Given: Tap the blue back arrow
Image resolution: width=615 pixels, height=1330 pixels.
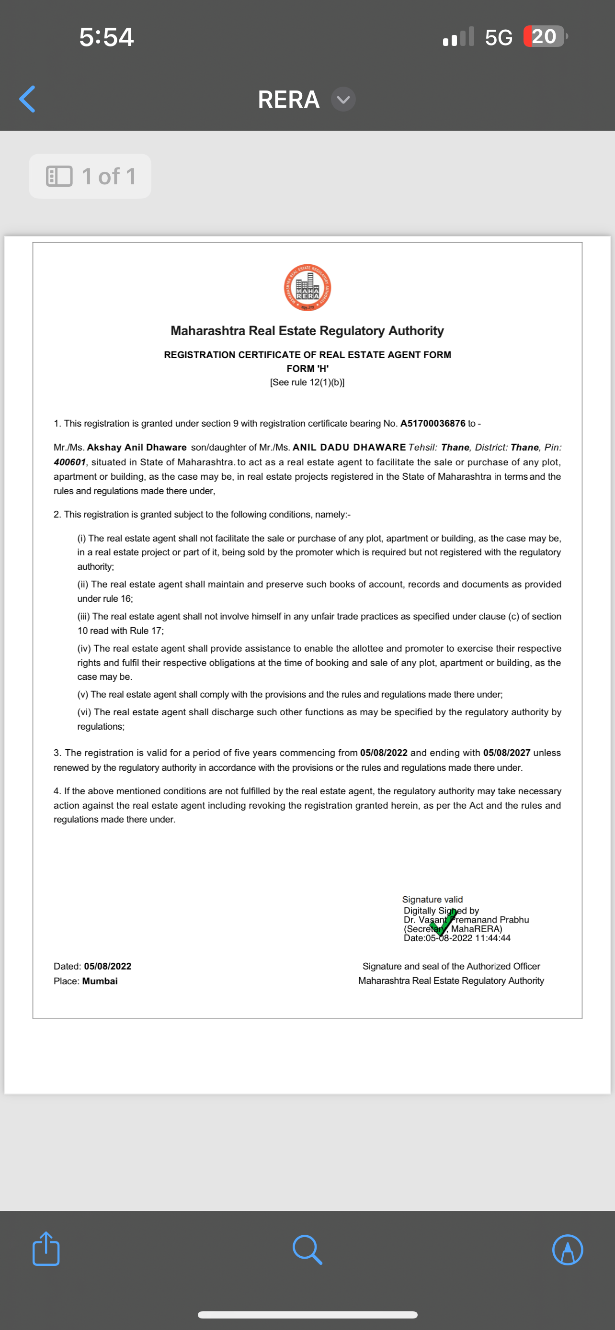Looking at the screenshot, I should (x=27, y=99).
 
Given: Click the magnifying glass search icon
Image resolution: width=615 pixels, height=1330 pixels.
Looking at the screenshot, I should (x=307, y=1250).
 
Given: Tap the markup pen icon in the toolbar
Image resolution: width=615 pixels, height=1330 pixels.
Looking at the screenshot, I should (x=568, y=1250).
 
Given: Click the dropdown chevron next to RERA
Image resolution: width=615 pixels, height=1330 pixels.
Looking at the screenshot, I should (x=343, y=99).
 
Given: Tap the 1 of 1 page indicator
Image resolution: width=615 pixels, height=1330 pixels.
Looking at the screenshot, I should (x=91, y=177).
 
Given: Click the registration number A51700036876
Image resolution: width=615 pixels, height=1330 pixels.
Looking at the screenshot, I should (x=433, y=423).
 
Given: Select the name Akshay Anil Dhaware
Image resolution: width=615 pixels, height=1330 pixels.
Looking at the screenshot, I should (x=137, y=447).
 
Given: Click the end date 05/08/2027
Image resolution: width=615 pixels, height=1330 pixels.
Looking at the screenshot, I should (x=507, y=753).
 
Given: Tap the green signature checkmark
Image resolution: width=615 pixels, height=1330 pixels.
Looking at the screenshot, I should (x=443, y=922).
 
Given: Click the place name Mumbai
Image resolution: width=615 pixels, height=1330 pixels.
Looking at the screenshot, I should (x=100, y=981).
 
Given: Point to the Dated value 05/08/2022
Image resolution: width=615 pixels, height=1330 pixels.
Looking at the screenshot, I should (x=107, y=966).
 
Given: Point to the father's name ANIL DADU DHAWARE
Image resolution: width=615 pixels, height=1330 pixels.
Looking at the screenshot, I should (x=349, y=447).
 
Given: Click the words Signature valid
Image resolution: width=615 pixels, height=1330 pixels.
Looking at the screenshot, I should (x=432, y=900).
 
